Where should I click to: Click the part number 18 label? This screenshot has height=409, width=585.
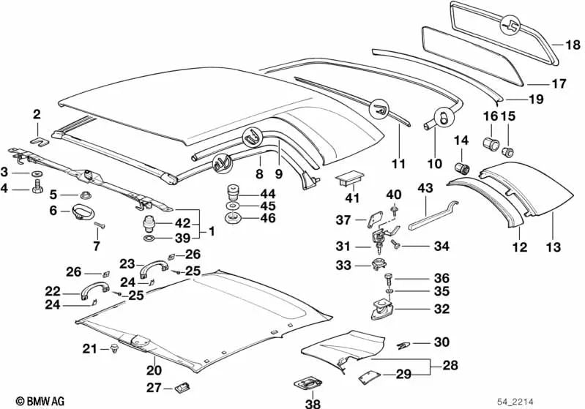572,44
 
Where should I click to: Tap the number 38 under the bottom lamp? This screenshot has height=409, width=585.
313,402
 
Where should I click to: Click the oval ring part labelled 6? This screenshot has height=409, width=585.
81,213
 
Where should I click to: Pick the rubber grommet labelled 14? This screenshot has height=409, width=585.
462,160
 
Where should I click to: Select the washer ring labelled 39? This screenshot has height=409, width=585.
148,239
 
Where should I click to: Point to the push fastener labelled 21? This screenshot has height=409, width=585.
114,348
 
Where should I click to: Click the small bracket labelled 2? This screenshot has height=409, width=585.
40,134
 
